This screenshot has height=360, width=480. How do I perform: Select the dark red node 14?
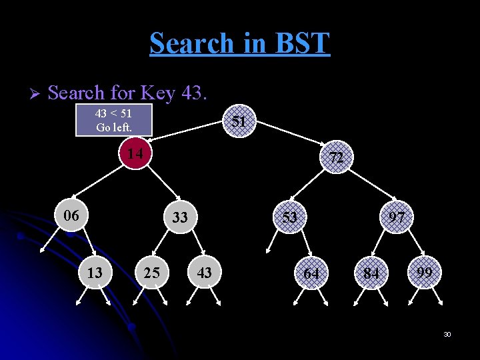(135, 154)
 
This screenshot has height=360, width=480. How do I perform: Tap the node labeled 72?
(336, 158)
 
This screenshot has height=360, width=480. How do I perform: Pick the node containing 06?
(71, 216)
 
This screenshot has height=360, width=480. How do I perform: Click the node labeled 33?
(180, 217)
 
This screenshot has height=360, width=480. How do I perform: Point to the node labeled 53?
(289, 217)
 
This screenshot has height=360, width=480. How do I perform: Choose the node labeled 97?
(397, 217)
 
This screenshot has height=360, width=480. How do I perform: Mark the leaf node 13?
(95, 273)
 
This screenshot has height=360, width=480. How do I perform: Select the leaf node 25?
(151, 273)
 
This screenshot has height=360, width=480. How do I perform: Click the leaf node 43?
(205, 273)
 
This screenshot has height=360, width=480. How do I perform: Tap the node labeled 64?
(311, 274)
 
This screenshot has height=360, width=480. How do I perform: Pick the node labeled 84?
(371, 274)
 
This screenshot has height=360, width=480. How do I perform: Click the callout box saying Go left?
(114, 120)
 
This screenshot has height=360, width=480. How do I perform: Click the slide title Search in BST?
(240, 43)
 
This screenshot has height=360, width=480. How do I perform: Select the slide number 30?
(447, 334)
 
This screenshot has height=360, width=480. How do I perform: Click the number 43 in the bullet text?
(193, 93)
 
